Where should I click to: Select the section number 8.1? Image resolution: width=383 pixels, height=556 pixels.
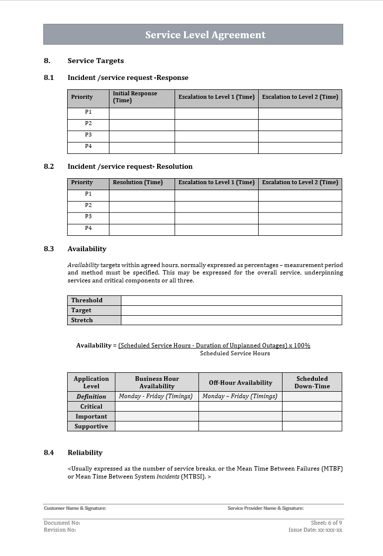[49, 77]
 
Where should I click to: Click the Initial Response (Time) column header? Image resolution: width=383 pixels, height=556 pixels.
[135, 97]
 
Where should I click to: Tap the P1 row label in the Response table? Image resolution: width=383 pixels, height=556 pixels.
[88, 112]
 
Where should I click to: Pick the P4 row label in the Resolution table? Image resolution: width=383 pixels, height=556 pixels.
[88, 228]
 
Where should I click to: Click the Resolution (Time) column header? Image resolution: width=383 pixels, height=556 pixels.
[138, 182]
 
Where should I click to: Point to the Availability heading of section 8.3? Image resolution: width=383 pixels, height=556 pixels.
[87, 249]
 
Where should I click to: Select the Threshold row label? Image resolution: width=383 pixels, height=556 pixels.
[87, 300]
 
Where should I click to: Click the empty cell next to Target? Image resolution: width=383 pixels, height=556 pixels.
[231, 310]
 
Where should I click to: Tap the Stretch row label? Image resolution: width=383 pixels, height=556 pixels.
[82, 320]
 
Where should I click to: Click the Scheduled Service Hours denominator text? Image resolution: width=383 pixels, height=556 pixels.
[235, 353]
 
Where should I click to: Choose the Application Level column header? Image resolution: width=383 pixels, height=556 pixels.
[91, 382]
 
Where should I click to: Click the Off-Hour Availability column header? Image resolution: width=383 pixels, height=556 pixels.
[240, 383]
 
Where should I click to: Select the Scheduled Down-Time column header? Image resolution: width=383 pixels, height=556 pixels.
[312, 382]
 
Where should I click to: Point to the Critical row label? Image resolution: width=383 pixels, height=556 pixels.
[92, 407]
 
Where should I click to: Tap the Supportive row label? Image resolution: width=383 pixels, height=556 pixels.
[92, 426]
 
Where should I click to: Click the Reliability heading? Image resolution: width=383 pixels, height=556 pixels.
[85, 452]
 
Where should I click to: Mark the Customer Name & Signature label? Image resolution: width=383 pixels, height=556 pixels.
[75, 508]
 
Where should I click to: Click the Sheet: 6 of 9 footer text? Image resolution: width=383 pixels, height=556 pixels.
[326, 523]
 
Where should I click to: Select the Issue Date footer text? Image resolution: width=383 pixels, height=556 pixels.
[315, 530]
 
